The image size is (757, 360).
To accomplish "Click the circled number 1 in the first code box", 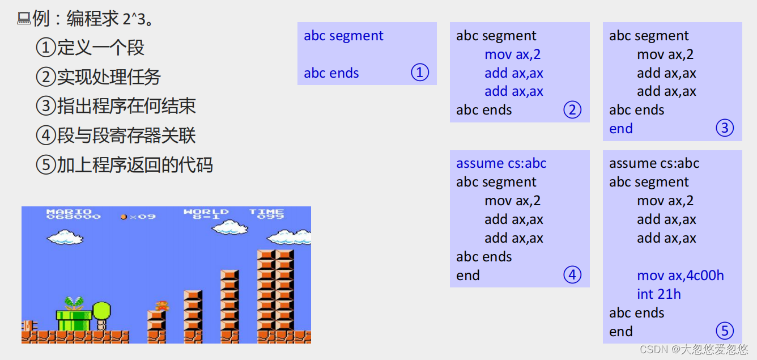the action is (420, 73).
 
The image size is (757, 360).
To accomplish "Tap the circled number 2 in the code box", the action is (572, 109).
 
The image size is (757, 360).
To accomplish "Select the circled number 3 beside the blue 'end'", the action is (725, 128).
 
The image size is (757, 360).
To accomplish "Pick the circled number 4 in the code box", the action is (572, 275).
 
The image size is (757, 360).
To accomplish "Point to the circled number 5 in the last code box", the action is (725, 331).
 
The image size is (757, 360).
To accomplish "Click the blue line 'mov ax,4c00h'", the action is (681, 276).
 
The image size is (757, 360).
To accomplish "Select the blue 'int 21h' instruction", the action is (658, 294).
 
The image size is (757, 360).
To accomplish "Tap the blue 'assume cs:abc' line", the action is (501, 163).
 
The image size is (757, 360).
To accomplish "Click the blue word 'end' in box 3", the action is (621, 129).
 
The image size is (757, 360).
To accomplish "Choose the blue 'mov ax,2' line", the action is (512, 54).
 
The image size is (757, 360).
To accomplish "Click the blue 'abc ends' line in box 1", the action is (331, 73).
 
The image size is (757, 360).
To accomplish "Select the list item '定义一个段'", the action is (100, 47).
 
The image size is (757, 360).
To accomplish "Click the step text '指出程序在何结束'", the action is (126, 106).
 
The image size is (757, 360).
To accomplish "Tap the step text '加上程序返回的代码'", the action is (134, 165).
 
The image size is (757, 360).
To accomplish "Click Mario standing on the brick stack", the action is (162, 306).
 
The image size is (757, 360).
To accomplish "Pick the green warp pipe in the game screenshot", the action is (74, 320).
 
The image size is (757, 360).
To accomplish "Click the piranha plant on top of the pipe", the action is (74, 303).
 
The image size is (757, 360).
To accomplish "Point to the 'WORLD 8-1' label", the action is (206, 214).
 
